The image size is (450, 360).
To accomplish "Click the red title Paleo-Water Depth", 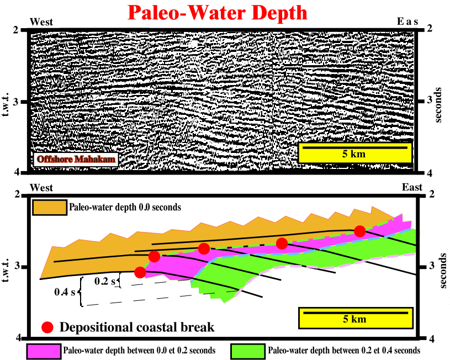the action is pos(217,12).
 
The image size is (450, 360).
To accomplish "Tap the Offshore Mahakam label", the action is pos(76,159).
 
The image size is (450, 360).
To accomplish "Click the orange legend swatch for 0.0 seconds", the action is pos(50,207).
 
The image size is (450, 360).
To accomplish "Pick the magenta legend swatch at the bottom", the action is pos(44,351).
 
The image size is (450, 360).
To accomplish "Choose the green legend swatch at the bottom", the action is pos(248,351).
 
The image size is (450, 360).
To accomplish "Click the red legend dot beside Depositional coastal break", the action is pos(47,327).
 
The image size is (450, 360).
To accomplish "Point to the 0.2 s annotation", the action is pos(105,282).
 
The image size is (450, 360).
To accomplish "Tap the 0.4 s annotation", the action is pos(65,292).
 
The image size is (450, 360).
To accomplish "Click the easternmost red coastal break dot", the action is pos(359,231).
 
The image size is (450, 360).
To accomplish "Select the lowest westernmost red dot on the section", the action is pos(140,272).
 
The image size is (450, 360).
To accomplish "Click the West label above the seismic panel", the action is pos(41,22).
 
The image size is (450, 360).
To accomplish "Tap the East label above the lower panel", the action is pos(412,188).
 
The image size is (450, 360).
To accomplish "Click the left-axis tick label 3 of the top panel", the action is pos(15,102).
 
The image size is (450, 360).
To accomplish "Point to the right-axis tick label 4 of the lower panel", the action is pos(432,339).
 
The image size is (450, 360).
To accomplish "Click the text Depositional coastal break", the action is pos(137,327).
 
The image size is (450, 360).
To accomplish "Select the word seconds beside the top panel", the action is pos(438,105).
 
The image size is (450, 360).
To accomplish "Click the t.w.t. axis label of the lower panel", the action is pos(6,270).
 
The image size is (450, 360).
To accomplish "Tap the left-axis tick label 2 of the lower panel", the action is pos(18,195).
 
